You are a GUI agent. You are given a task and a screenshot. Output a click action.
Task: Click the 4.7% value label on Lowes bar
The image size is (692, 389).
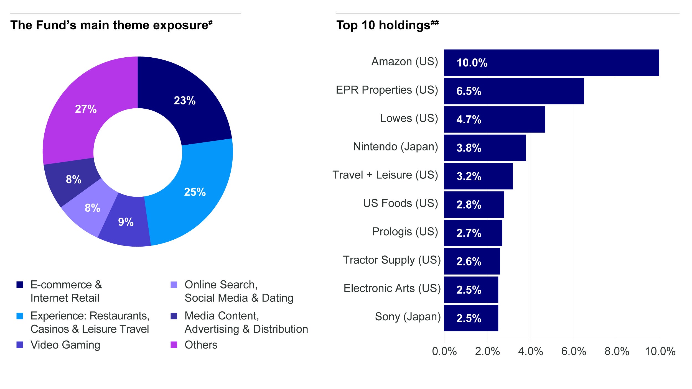point(469,119)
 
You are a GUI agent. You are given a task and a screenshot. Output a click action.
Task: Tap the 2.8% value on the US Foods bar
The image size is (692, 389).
point(469,204)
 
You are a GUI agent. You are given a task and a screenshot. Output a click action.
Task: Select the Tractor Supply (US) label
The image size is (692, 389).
point(391,260)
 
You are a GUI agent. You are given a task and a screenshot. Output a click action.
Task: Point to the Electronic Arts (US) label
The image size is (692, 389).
point(392,288)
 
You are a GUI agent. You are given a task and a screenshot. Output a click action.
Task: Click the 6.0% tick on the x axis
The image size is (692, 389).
point(573,351)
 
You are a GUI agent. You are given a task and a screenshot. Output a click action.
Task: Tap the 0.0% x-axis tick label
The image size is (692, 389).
point(444,351)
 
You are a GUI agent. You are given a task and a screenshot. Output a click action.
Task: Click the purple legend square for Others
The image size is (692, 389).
point(174,345)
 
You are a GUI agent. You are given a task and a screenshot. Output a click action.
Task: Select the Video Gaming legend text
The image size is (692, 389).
point(65,345)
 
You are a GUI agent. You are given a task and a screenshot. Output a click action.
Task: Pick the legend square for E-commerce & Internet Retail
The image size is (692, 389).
point(20,285)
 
